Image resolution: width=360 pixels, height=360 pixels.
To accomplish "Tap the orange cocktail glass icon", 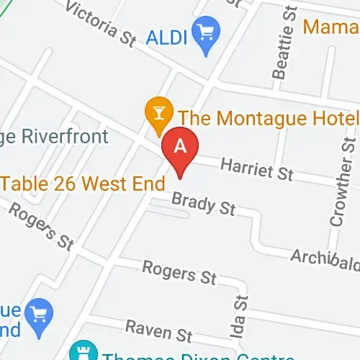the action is pyautogui.click(x=157, y=114).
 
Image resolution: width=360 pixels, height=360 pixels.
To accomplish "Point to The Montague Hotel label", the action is pyautogui.click(x=268, y=116).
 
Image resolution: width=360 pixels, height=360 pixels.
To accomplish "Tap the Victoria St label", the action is pyautogui.click(x=101, y=23).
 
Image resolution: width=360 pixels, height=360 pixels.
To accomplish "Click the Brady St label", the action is pyautogui.click(x=204, y=203).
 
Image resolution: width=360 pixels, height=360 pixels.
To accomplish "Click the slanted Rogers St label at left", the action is pyautogui.click(x=42, y=227).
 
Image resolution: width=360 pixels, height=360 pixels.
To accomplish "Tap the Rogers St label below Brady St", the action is pyautogui.click(x=179, y=272).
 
